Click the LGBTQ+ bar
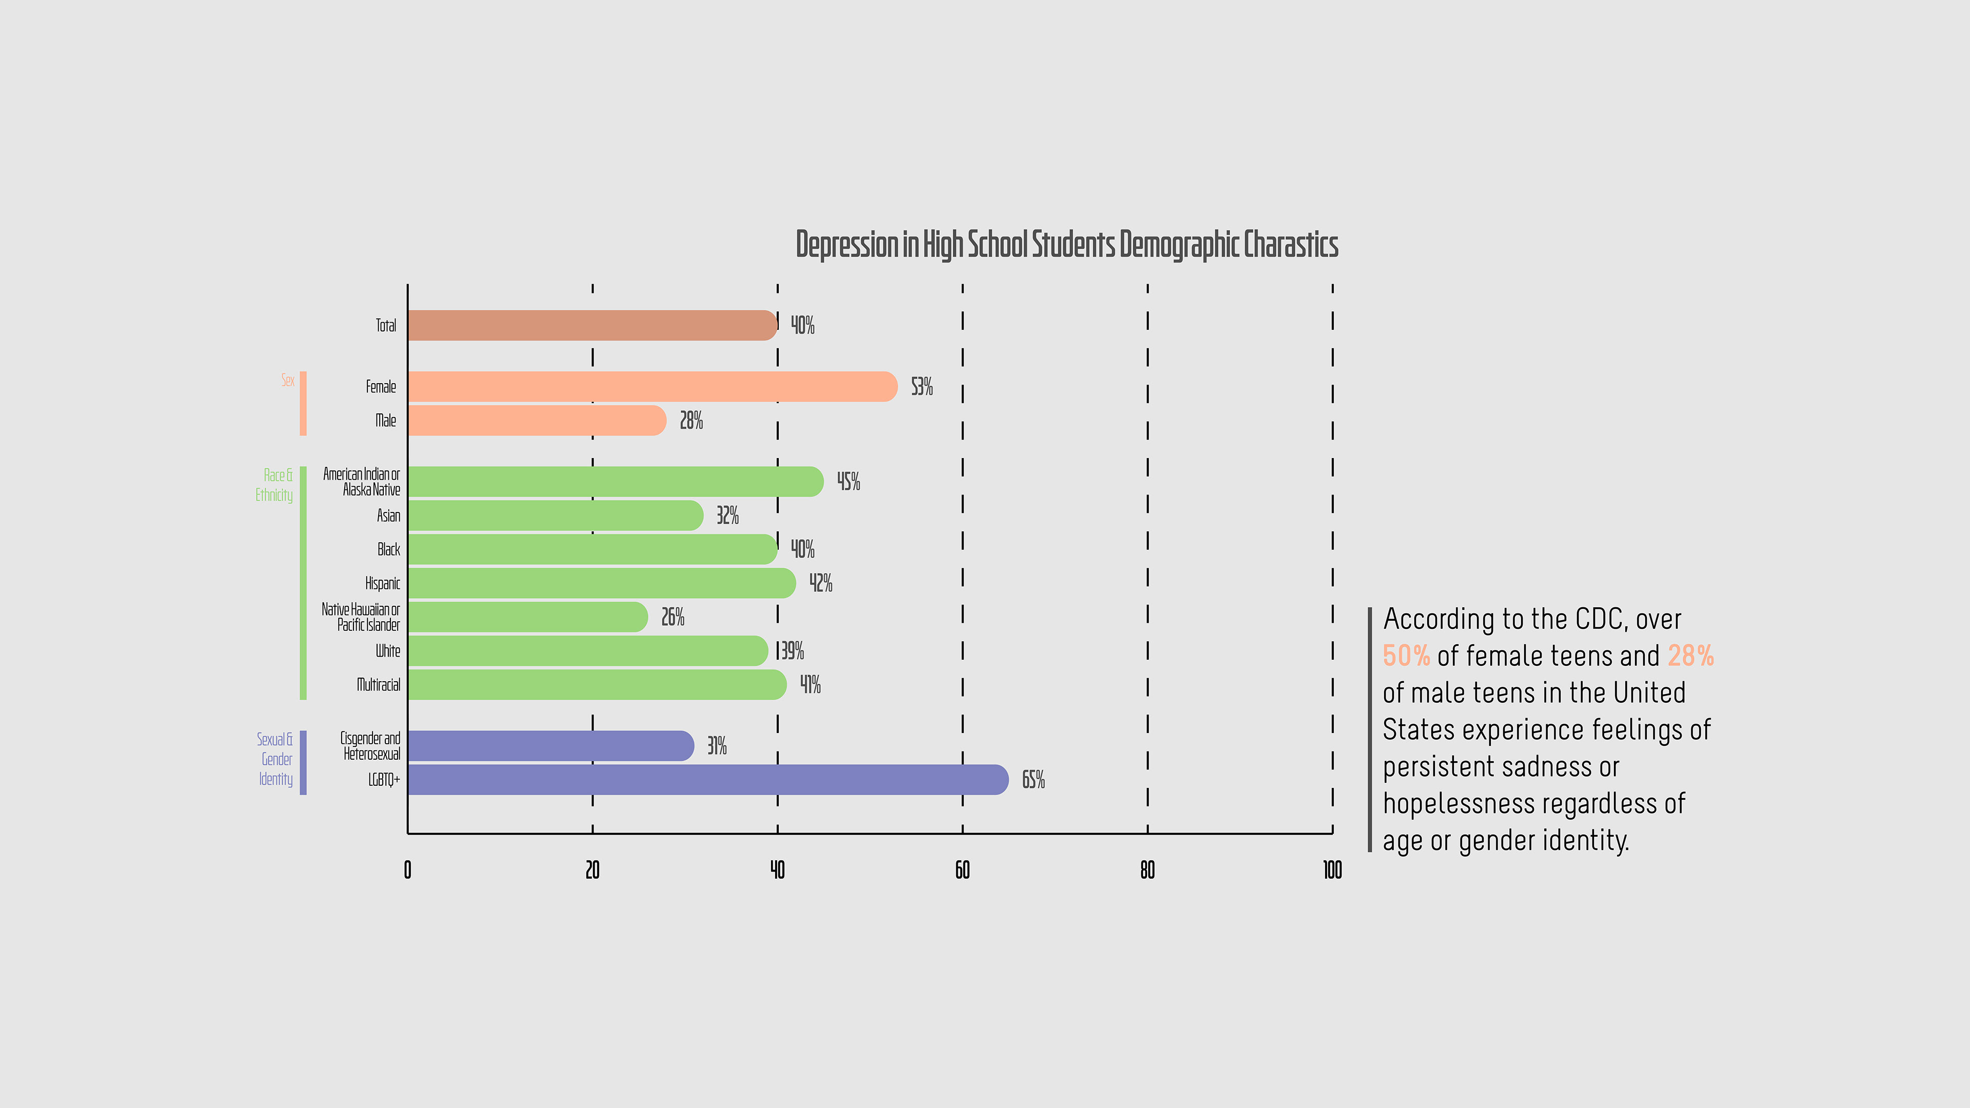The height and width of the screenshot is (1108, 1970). click(707, 779)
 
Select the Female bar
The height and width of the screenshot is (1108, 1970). click(652, 387)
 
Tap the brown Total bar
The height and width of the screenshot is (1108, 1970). click(592, 325)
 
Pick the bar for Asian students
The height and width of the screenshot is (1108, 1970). click(555, 516)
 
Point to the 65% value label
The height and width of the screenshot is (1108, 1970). click(1033, 779)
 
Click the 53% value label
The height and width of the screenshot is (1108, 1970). click(921, 387)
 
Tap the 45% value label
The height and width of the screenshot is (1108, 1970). click(848, 482)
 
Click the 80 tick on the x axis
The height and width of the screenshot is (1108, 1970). click(1147, 870)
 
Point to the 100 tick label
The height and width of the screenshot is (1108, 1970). click(1332, 870)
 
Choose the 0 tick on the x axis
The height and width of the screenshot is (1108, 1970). click(408, 870)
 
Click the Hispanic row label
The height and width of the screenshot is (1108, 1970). click(382, 583)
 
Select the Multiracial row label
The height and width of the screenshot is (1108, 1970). click(379, 684)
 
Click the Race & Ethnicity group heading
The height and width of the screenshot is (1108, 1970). click(274, 485)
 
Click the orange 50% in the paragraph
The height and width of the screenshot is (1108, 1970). click(1406, 656)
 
